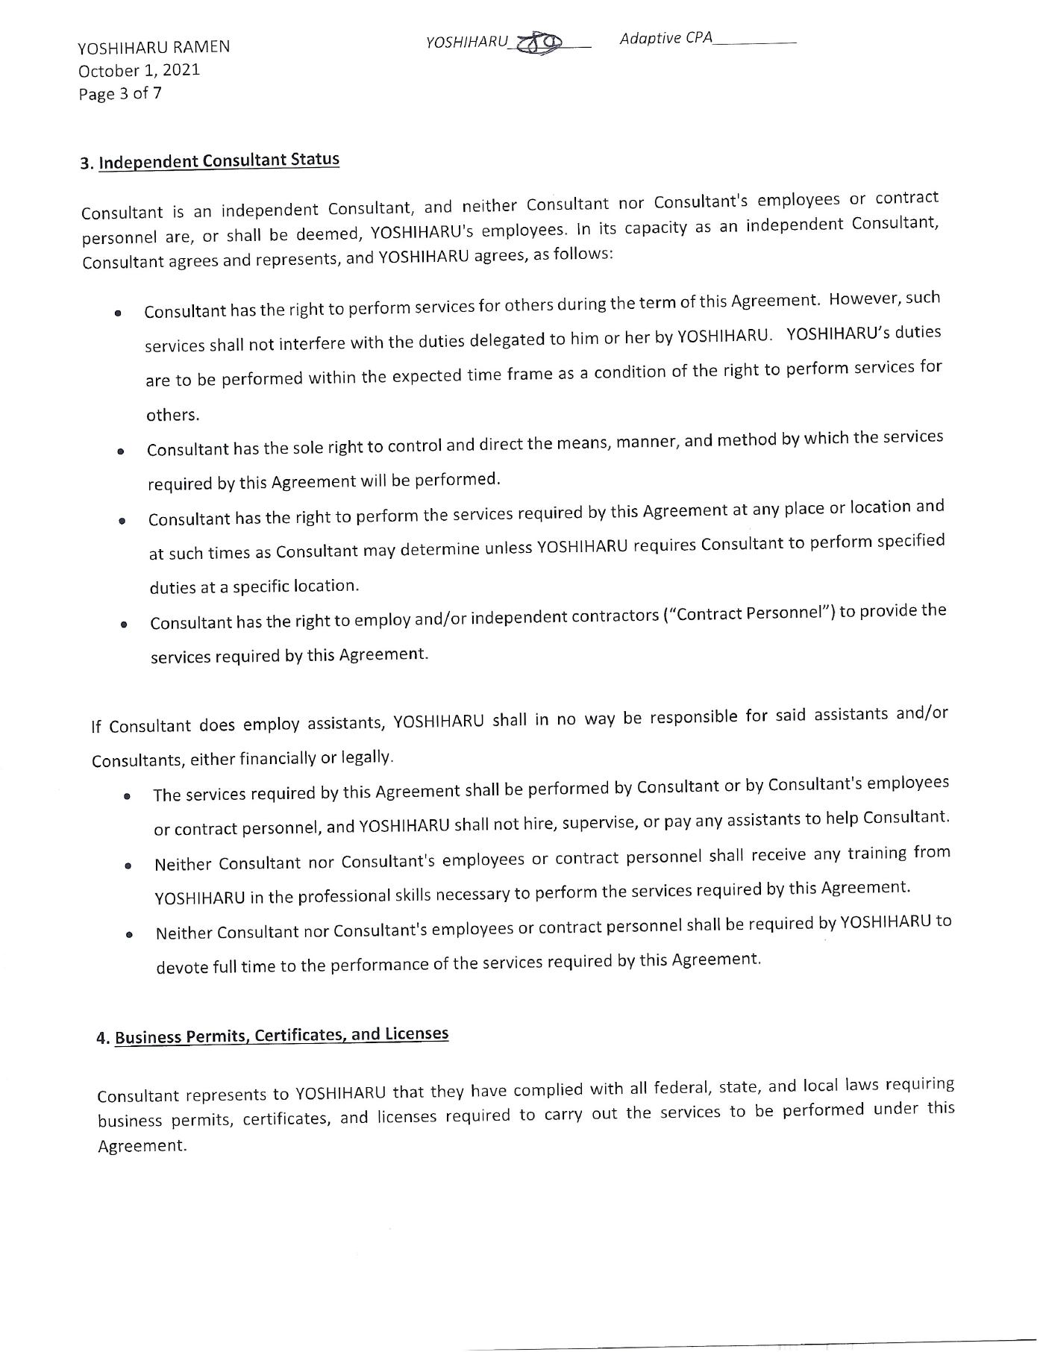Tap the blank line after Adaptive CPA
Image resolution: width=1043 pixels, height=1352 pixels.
754,42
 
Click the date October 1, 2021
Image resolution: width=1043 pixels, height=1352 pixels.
140,71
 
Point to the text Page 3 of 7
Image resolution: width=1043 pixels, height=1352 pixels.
120,94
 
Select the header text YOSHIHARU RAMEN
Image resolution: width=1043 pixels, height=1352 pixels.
154,48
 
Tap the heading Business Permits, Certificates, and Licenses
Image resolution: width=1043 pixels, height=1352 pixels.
281,1036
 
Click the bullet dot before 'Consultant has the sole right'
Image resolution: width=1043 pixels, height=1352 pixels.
120,451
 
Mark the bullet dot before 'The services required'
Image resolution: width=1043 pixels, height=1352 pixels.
128,797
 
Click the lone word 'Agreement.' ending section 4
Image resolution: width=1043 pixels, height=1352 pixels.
142,1146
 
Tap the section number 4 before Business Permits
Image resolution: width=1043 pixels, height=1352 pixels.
101,1039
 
